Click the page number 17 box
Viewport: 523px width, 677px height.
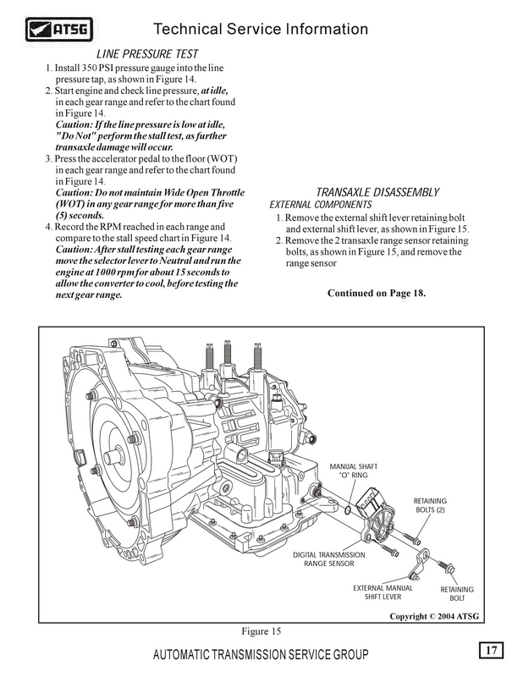[x=489, y=650]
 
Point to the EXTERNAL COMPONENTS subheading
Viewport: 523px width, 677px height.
[x=320, y=205]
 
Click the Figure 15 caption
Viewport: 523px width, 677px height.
[x=260, y=631]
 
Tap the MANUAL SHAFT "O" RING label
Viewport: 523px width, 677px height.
[x=353, y=471]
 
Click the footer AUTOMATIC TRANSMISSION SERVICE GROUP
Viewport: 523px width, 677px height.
[x=261, y=657]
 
